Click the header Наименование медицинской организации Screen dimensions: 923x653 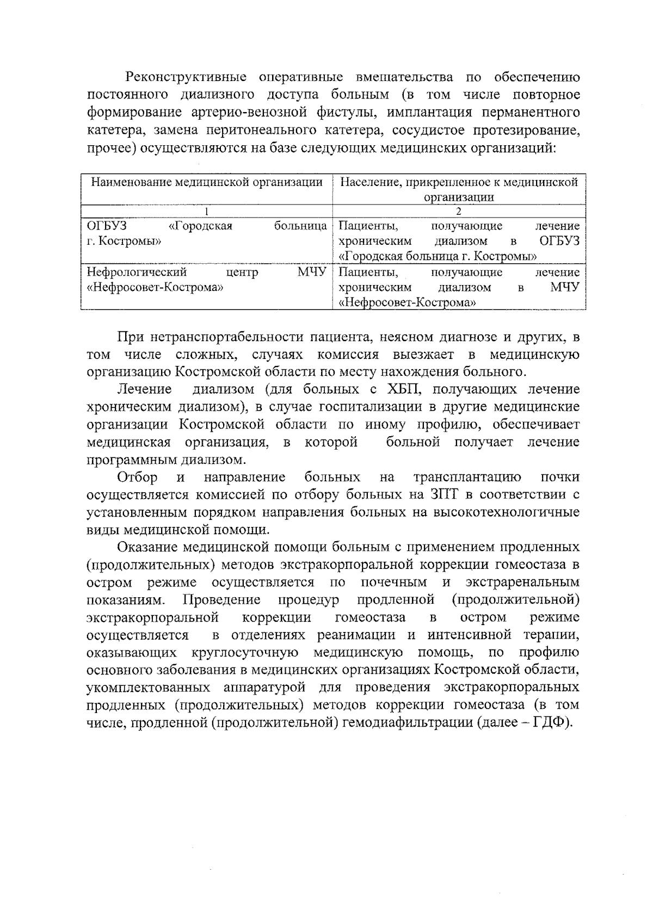coord(207,182)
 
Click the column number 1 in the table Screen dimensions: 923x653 coord(207,212)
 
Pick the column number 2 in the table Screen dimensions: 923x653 coord(459,212)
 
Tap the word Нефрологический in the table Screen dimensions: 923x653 coord(137,272)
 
